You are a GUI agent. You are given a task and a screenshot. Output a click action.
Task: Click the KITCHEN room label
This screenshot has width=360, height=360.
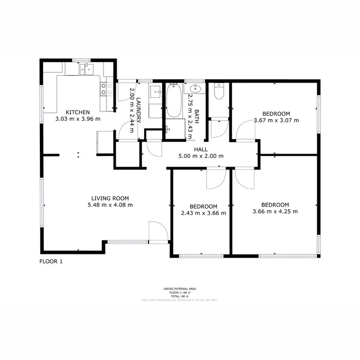click(x=78, y=112)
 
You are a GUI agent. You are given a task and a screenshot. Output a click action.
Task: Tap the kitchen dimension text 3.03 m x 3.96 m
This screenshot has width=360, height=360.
click(x=78, y=119)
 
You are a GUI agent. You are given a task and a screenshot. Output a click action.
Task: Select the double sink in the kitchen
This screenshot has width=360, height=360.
click(x=87, y=70)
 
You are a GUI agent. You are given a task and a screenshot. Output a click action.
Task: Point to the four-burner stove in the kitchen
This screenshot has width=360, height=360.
click(x=103, y=89)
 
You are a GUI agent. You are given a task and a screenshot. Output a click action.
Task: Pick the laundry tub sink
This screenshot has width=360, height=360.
click(x=157, y=92)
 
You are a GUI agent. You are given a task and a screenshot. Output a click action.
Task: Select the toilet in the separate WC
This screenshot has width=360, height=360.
click(x=219, y=91)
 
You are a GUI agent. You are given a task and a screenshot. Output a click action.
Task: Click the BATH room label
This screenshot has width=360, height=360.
click(x=196, y=118)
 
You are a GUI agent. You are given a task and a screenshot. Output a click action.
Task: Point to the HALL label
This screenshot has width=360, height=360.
click(x=200, y=149)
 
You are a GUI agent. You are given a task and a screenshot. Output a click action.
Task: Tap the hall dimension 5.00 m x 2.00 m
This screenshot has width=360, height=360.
click(x=200, y=156)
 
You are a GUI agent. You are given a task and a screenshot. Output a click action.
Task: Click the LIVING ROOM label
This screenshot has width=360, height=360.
click(x=110, y=198)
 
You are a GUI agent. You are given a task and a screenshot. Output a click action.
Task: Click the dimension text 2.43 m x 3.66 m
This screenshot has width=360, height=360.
click(x=203, y=213)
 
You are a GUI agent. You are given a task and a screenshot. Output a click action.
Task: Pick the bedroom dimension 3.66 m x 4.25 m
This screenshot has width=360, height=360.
click(x=275, y=211)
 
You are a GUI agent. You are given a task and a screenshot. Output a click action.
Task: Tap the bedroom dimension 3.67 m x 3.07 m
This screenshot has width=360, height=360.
click(x=276, y=120)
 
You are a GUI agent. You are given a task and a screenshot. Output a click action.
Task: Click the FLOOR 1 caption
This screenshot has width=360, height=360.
click(x=50, y=262)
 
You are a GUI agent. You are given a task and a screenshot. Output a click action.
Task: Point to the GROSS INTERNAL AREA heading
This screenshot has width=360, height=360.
click(x=180, y=289)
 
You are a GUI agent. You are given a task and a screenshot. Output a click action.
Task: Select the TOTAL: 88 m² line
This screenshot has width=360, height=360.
click(x=180, y=296)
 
